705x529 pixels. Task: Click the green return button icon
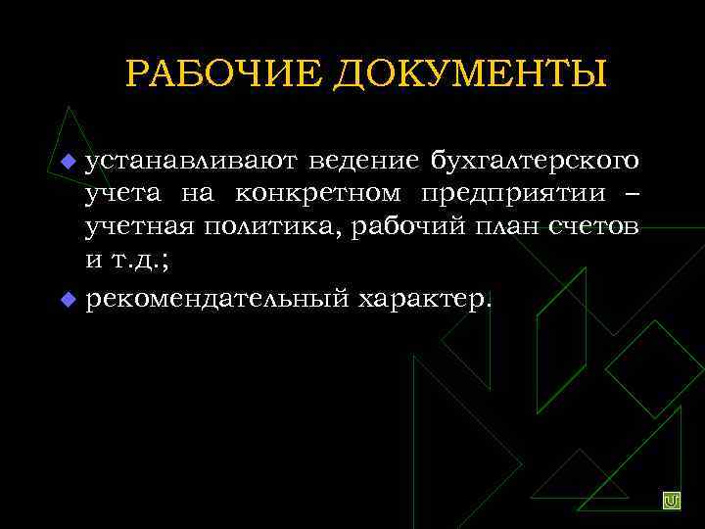[x=672, y=501]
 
